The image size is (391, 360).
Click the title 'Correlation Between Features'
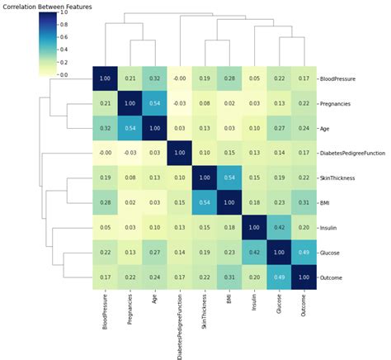point(47,6)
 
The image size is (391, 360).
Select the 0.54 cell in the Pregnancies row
point(153,104)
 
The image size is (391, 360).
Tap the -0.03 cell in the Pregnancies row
point(178,104)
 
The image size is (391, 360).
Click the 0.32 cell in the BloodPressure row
point(153,79)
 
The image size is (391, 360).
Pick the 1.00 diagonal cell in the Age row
point(153,129)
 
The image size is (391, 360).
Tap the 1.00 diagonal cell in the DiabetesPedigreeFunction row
point(178,154)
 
